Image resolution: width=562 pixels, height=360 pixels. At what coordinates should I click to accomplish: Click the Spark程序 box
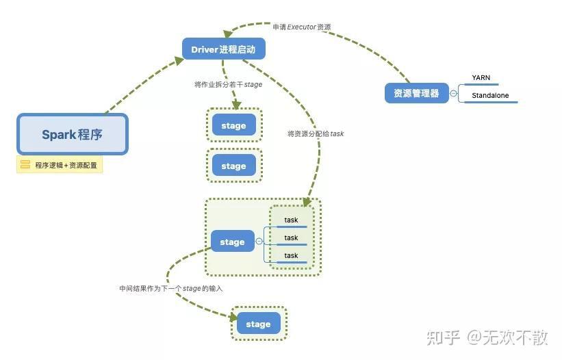point(72,134)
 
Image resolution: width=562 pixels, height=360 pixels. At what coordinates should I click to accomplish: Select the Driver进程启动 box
point(223,49)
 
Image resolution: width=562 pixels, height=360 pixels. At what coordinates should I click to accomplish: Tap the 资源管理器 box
point(416,93)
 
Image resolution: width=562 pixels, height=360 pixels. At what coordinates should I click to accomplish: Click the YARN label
point(481,78)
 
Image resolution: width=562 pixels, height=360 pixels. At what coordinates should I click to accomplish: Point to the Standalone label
point(490,96)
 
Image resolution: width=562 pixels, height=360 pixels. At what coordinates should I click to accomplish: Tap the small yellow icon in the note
point(25,165)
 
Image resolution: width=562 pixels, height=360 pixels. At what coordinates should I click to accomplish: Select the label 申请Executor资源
point(301,27)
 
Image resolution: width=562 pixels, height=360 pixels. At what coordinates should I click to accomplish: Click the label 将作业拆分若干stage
point(228,85)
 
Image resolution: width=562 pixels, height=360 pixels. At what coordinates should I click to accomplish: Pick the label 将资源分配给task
point(316,134)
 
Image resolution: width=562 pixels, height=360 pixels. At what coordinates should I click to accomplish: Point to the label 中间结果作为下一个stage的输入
point(171,289)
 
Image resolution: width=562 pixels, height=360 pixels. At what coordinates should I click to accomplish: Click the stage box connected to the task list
point(232,242)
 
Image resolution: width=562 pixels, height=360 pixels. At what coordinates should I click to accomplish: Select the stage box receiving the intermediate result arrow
point(258,324)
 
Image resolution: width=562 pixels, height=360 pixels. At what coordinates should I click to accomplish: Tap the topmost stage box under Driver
point(233,126)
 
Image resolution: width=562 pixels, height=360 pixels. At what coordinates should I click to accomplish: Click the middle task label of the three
point(292,238)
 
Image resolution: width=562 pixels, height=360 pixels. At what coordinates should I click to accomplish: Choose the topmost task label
point(292,220)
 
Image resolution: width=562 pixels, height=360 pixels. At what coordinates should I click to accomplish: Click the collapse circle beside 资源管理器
point(453,93)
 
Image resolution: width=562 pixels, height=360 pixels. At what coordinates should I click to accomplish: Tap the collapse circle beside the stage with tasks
point(259,242)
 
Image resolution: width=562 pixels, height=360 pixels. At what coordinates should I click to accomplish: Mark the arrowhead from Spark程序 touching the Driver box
point(179,61)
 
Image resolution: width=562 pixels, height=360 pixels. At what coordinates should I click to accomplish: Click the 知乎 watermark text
point(442,337)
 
